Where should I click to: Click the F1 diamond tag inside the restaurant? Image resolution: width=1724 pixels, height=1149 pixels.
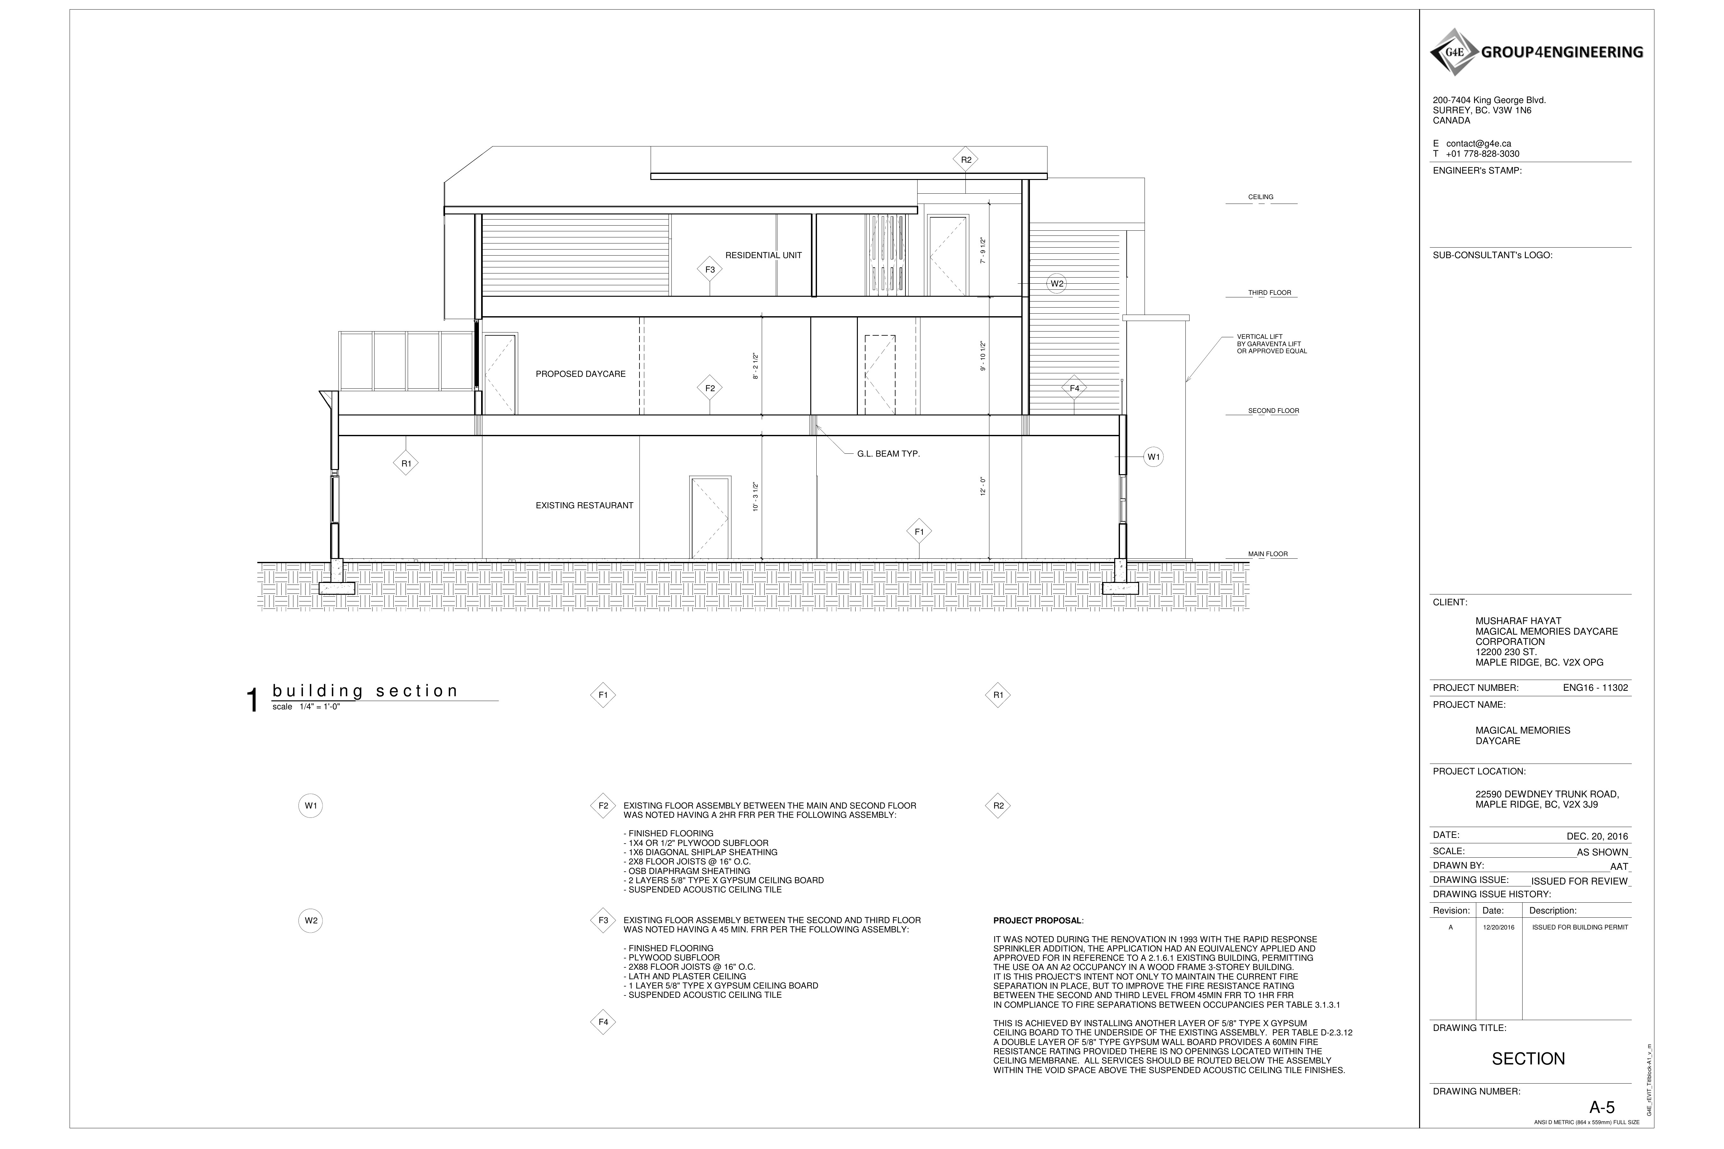(x=919, y=532)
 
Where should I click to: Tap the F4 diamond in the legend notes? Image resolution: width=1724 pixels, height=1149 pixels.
(x=603, y=1022)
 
